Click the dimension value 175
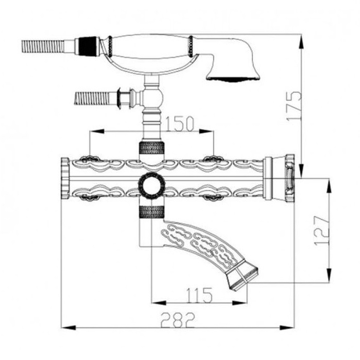[294, 106]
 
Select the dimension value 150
[180, 124]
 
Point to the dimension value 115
[199, 295]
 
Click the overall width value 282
[178, 320]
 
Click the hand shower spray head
[233, 68]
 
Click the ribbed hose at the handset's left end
[43, 48]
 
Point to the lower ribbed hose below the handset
[92, 99]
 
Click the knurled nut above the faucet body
[152, 148]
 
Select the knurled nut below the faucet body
[152, 211]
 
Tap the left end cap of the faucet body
[65, 179]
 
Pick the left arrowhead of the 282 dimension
[68, 328]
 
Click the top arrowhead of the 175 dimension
[301, 41]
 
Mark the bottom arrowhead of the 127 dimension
[329, 275]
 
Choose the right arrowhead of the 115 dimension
[240, 303]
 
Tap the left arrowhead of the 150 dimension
[97, 131]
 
